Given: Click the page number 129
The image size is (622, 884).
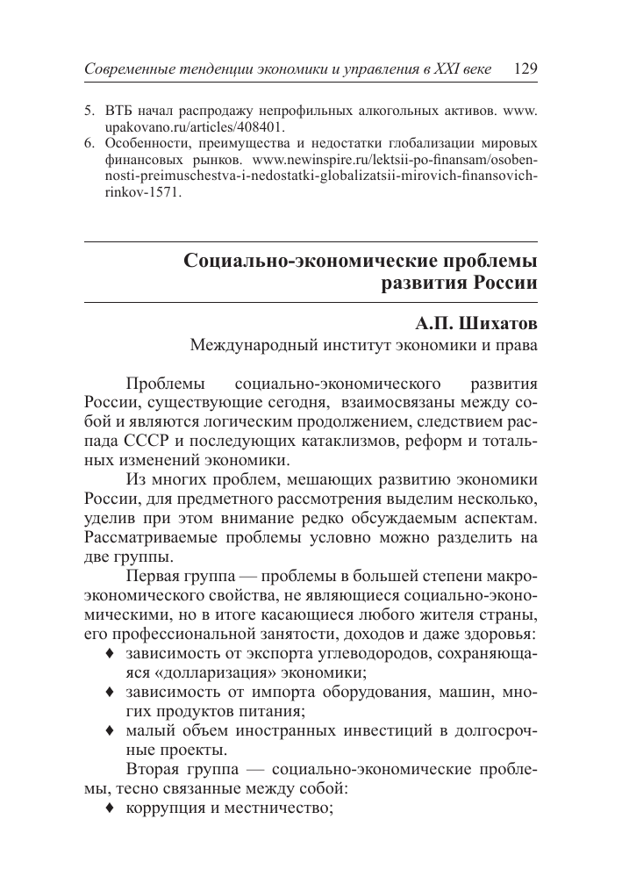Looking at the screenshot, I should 520,68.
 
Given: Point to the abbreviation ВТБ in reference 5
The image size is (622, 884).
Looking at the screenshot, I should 119,113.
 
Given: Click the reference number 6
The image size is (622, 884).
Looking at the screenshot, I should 88,143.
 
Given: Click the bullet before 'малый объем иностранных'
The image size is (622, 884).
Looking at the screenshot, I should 109,731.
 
